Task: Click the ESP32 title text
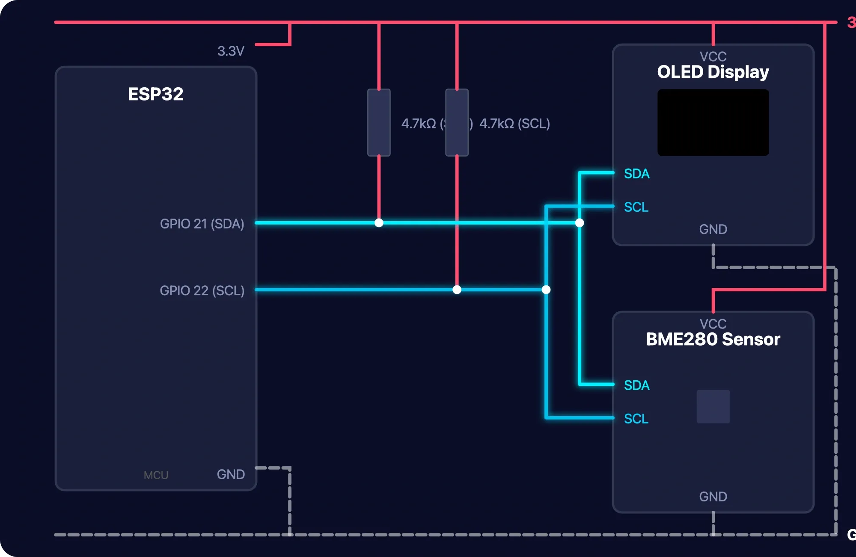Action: click(x=156, y=94)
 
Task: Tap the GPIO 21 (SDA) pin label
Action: click(x=202, y=224)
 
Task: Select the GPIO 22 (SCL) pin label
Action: click(x=202, y=290)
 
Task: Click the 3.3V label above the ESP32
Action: click(x=231, y=51)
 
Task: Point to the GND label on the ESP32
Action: click(x=231, y=474)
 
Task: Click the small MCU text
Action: click(x=156, y=475)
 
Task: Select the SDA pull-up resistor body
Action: click(x=379, y=123)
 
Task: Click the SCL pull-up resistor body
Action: click(x=457, y=123)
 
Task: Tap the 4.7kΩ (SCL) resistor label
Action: click(x=514, y=124)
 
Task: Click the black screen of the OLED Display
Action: click(x=713, y=122)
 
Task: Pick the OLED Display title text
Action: click(x=713, y=72)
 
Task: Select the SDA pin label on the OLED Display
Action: click(x=636, y=174)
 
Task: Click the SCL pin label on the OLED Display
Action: click(x=636, y=207)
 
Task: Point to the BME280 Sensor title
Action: click(x=713, y=339)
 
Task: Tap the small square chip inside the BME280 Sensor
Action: click(x=713, y=406)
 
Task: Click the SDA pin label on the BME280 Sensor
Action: click(x=636, y=385)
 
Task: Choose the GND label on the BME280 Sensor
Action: click(x=713, y=497)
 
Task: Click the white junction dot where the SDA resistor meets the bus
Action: click(x=379, y=223)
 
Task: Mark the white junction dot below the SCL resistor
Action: click(x=457, y=290)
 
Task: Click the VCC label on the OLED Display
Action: click(x=713, y=56)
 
